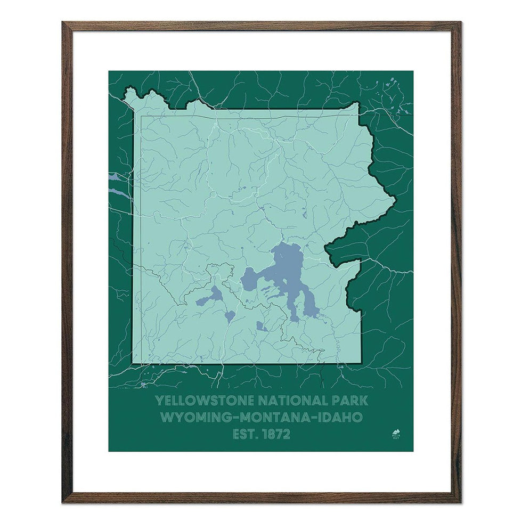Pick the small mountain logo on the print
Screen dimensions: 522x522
click(396, 431)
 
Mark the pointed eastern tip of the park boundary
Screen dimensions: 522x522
click(395, 201)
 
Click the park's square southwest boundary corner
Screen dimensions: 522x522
click(133, 363)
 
